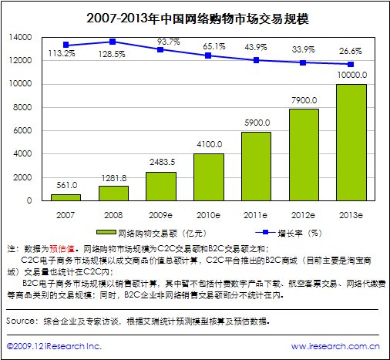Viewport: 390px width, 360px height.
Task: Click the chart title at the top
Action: click(x=194, y=17)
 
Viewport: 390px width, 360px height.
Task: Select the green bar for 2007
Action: click(x=66, y=197)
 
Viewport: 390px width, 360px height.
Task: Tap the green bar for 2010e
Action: click(x=209, y=177)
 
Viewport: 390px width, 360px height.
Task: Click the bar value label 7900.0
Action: click(x=304, y=99)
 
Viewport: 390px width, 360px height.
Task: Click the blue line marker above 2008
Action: click(x=113, y=42)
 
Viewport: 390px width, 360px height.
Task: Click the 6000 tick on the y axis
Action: click(x=22, y=130)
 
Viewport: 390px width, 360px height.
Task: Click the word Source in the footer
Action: click(x=21, y=319)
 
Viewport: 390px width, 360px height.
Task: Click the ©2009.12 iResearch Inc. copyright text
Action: click(x=54, y=348)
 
